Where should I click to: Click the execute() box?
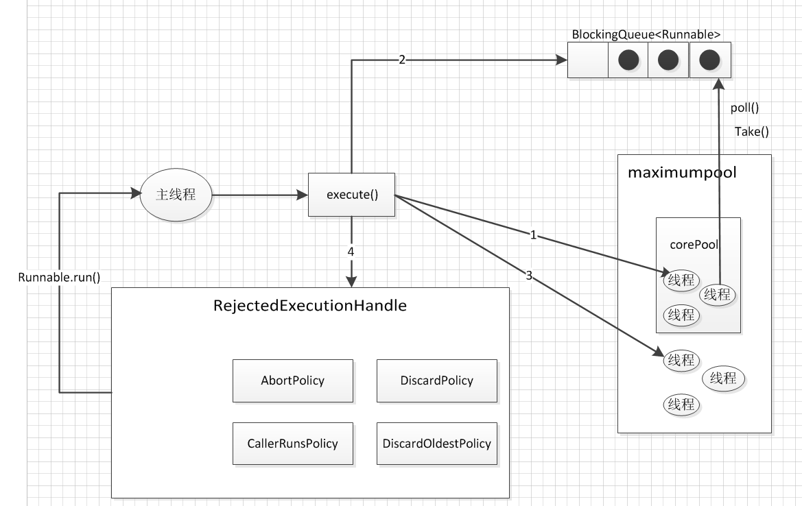coord(351,195)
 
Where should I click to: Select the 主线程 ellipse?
coord(176,195)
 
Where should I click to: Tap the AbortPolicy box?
coord(292,381)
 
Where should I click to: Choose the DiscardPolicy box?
coord(437,381)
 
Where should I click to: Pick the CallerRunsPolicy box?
coord(292,444)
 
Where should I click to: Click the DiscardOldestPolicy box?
coord(437,444)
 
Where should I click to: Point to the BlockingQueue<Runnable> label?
coord(646,35)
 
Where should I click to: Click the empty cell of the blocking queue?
coord(588,60)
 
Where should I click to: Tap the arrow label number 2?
coord(401,60)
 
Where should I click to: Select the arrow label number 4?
coord(351,252)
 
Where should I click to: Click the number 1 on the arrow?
coord(533,235)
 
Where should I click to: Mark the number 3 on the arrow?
coord(529,276)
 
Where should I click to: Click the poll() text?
coord(745,108)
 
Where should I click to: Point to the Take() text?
coord(752,132)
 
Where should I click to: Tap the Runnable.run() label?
coord(59,278)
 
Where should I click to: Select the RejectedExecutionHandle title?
coord(310,306)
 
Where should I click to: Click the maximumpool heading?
coord(683,172)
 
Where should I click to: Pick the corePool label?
coord(694,245)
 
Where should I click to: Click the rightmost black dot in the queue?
coord(709,60)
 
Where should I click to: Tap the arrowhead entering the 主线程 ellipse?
coord(136,193)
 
